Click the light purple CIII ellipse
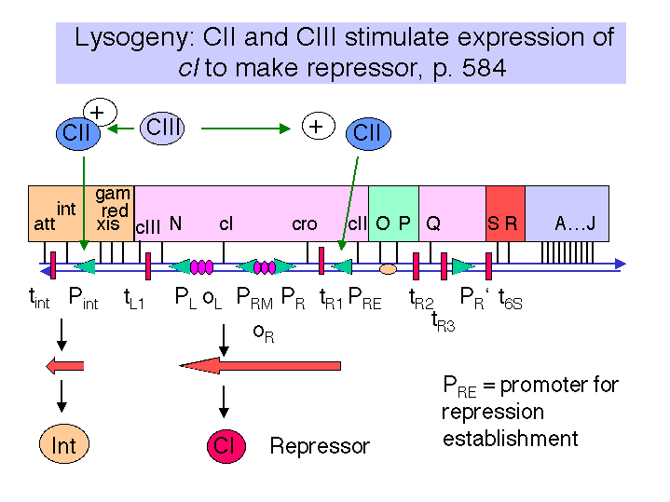pos(162,129)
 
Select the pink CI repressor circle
pos(226,446)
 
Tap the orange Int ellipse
pos(64,444)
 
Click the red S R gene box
pos(505,213)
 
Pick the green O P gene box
pos(393,213)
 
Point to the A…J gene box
pos(567,213)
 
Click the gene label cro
pos(304,224)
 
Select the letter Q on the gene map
pos(433,224)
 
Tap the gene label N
pos(175,223)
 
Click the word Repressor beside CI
pos(320,446)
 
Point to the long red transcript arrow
pos(260,366)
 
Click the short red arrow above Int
pos(65,366)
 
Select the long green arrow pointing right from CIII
pos(246,129)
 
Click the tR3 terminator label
pos(444,321)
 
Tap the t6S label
pos(511,298)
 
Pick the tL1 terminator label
pos(134,298)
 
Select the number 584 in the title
pos(484,68)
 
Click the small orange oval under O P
pos(388,269)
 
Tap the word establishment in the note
pos(511,439)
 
